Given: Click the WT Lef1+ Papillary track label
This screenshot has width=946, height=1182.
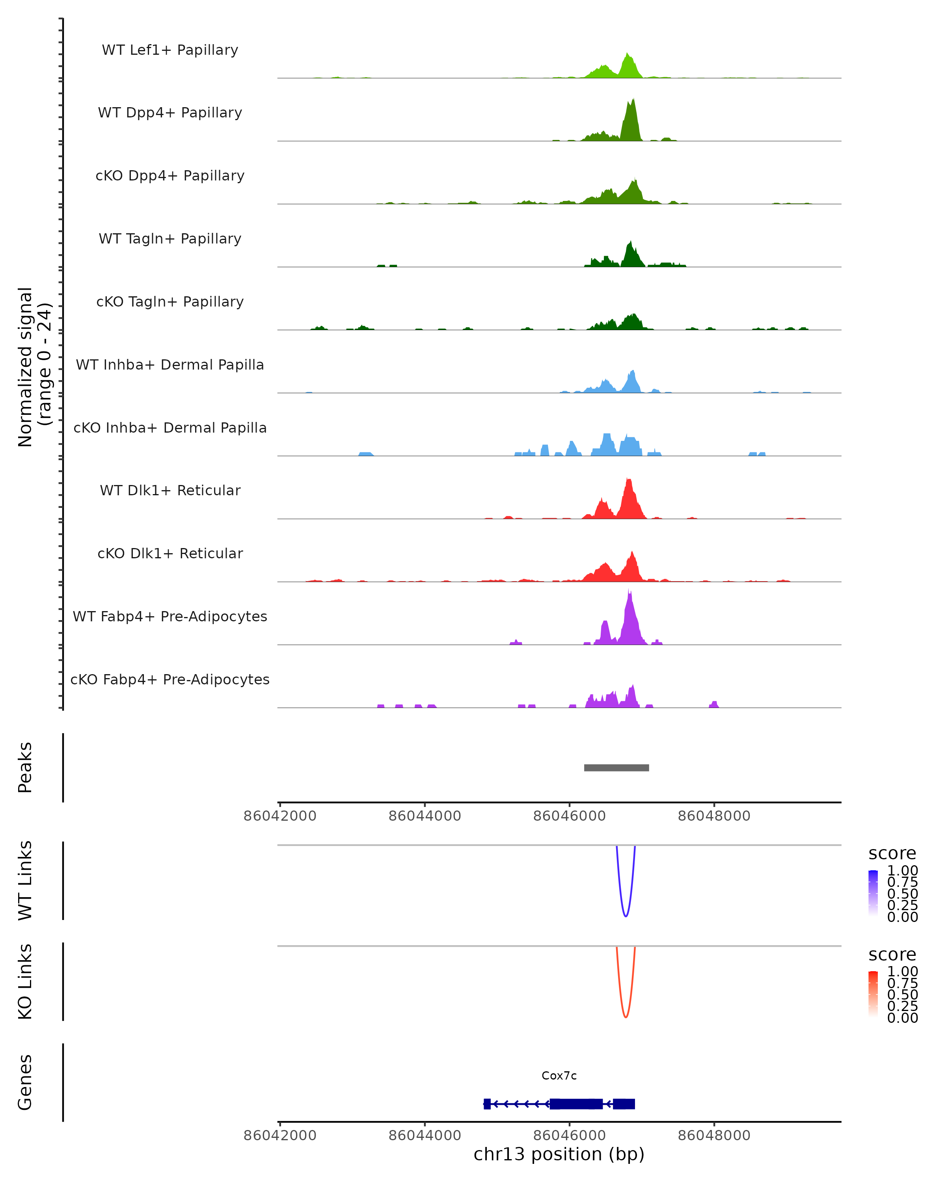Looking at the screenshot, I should coord(170,50).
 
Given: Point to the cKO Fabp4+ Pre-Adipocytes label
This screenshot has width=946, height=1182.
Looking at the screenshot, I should coord(170,679).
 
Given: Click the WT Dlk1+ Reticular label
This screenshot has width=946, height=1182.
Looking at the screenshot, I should coord(170,490).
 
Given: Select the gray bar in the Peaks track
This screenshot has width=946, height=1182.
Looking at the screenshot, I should coord(616,768).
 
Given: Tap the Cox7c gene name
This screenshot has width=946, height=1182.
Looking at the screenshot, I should coord(559,1076).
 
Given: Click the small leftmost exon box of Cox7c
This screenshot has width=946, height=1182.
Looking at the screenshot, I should coord(487,1104).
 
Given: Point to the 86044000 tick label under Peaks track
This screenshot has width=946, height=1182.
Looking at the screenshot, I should coord(425,816).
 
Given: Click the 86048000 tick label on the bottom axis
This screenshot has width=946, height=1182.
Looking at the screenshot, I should coord(714,1136).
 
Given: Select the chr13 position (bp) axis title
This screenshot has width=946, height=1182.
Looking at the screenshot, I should coord(559,1154).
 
